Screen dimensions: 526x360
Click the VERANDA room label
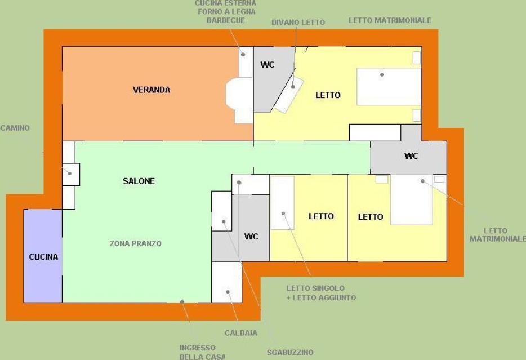(x=151, y=90)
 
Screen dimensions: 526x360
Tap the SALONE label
(x=139, y=181)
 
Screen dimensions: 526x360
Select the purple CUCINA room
(x=43, y=256)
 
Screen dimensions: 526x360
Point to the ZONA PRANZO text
(x=136, y=243)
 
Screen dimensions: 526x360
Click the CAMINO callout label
(x=15, y=128)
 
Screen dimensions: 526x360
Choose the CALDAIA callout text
(x=241, y=333)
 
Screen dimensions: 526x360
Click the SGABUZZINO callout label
(x=290, y=352)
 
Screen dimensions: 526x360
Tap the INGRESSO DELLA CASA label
(x=202, y=352)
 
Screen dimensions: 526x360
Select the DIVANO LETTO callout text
(x=298, y=23)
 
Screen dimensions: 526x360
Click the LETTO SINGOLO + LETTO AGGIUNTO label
(x=321, y=293)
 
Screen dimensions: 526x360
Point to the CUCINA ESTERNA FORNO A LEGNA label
(x=225, y=12)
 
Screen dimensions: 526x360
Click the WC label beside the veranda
(x=268, y=64)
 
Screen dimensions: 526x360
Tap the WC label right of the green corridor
(x=411, y=156)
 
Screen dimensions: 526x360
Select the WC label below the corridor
(x=251, y=237)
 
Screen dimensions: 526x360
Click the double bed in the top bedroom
(x=389, y=87)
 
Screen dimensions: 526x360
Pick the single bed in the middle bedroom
(x=283, y=203)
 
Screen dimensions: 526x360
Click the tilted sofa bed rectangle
(x=289, y=94)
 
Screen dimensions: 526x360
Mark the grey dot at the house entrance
(x=182, y=302)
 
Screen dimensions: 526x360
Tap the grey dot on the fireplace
(x=70, y=174)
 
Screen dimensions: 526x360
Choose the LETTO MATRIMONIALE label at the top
(x=390, y=20)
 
